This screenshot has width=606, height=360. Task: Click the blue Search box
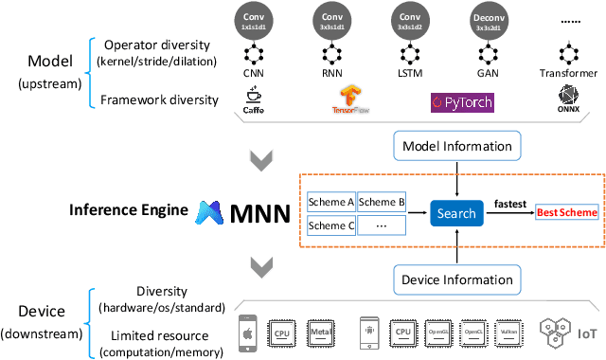(x=456, y=213)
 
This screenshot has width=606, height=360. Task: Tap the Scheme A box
(x=330, y=202)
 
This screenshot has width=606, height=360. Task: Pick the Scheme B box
(x=382, y=202)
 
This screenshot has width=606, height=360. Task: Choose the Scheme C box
(x=330, y=226)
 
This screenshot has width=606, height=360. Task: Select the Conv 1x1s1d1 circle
(x=253, y=21)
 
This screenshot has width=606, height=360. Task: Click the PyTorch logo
(x=462, y=99)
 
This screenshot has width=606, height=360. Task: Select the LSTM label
(x=411, y=71)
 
